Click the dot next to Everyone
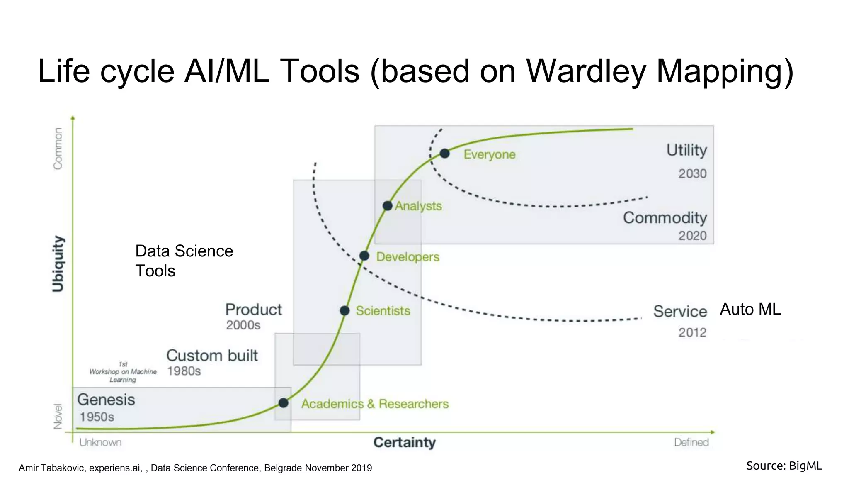pos(444,154)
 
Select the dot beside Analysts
pos(387,206)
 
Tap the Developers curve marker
pos(364,256)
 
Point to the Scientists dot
pos(344,310)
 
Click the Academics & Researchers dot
pos(283,403)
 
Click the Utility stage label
pos(686,150)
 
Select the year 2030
pos(692,173)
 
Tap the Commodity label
pos(665,218)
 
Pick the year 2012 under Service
pos(692,332)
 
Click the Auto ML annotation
pos(750,309)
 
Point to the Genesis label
pos(106,400)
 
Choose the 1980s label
pos(184,371)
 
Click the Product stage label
pos(253,310)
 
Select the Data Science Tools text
pos(184,261)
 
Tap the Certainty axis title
pos(404,442)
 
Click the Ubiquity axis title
pos(58,264)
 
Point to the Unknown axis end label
pos(100,443)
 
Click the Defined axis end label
pos(691,443)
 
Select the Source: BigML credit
pos(784,466)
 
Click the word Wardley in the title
pos(586,71)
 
